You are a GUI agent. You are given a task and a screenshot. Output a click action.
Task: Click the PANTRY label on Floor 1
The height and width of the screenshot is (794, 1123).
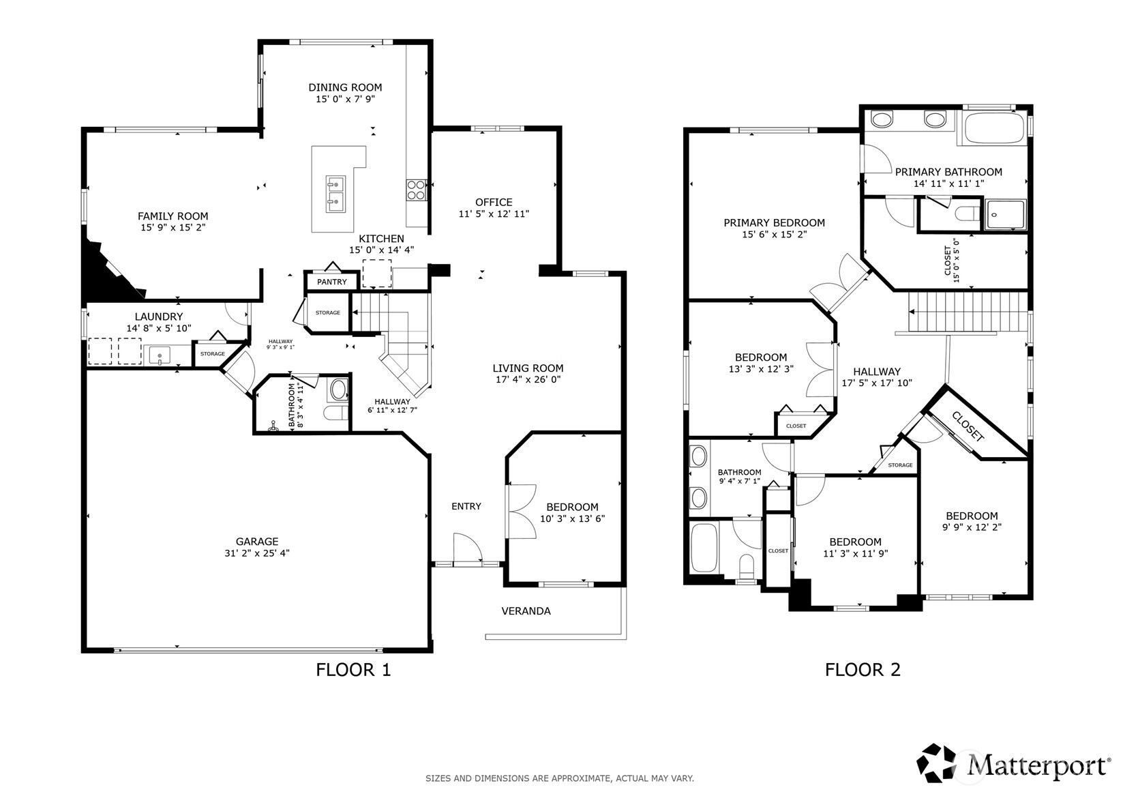click(x=331, y=282)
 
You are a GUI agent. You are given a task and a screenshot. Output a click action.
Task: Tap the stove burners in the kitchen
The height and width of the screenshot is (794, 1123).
click(x=416, y=190)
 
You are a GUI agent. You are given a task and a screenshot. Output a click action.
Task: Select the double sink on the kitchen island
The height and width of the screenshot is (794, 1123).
click(x=335, y=194)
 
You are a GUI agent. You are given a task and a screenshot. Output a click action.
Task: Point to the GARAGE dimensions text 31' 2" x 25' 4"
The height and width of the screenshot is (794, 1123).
click(x=256, y=553)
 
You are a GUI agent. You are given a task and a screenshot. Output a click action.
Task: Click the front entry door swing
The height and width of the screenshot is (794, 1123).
click(x=468, y=548)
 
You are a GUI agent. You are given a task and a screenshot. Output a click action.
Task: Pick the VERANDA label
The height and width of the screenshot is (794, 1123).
click(x=526, y=611)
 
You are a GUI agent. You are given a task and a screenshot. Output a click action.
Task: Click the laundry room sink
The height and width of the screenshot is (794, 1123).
click(x=160, y=355)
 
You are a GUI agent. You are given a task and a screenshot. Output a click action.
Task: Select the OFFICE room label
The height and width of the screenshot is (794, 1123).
click(x=494, y=202)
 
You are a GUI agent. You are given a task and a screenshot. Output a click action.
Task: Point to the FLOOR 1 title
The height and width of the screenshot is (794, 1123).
click(x=353, y=670)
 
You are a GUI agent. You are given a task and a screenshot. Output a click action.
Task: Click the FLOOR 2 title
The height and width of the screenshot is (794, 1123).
click(x=863, y=670)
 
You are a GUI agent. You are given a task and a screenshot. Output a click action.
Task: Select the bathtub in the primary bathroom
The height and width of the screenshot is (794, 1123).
click(x=991, y=128)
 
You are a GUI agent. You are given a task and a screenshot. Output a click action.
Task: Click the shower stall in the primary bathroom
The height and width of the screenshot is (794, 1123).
click(x=1005, y=215)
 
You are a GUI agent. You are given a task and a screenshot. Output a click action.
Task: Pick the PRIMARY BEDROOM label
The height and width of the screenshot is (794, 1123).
click(x=774, y=222)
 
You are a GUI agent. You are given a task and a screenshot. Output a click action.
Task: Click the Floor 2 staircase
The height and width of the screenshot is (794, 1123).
click(x=968, y=312)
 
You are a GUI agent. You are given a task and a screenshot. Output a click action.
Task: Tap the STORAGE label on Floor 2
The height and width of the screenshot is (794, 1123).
click(x=901, y=465)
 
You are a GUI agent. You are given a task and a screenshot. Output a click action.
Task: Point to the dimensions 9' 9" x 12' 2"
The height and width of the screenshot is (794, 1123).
click(x=972, y=527)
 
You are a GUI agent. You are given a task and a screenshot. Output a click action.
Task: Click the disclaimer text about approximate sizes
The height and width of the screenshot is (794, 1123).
click(x=560, y=778)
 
